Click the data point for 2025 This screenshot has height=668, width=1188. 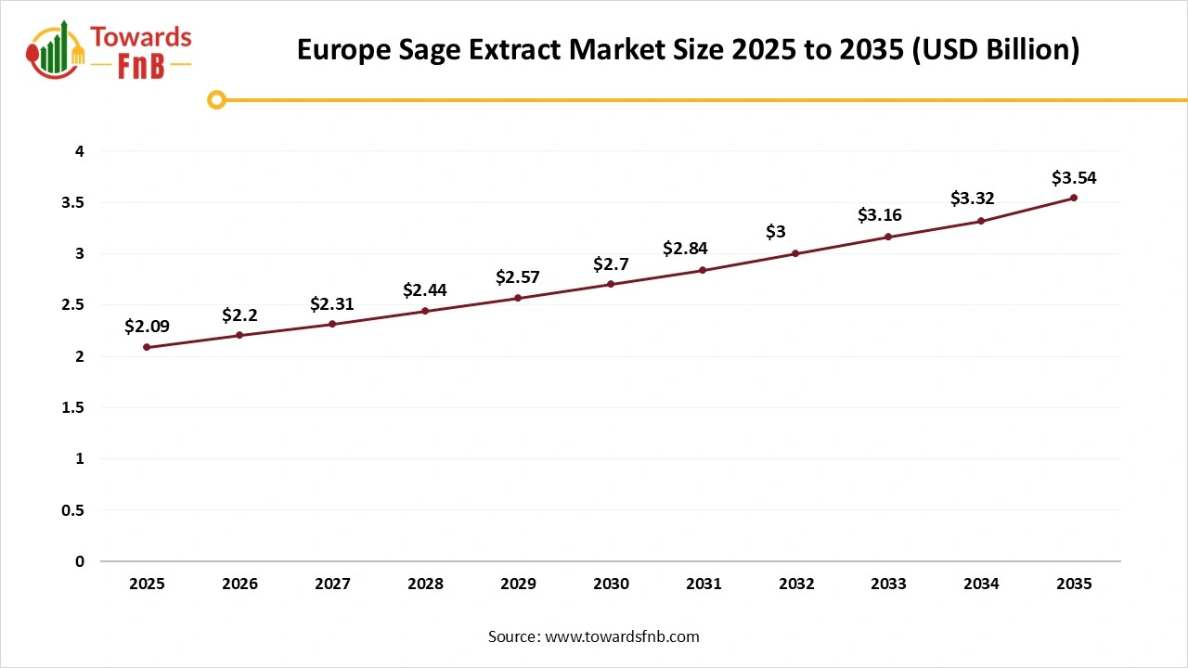147,347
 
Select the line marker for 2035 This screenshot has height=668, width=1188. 1074,198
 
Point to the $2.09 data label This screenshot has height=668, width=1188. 147,326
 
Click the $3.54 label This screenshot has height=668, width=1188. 1074,176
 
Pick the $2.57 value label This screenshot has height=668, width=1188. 518,276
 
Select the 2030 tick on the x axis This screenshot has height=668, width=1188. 611,584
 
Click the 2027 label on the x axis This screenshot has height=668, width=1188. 332,584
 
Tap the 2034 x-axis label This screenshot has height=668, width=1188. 981,584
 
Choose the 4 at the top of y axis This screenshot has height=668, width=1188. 80,151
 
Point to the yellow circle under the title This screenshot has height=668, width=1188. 216,99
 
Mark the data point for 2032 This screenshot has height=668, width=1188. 795,253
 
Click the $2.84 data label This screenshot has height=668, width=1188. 685,249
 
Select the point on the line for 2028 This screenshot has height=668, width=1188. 425,311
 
